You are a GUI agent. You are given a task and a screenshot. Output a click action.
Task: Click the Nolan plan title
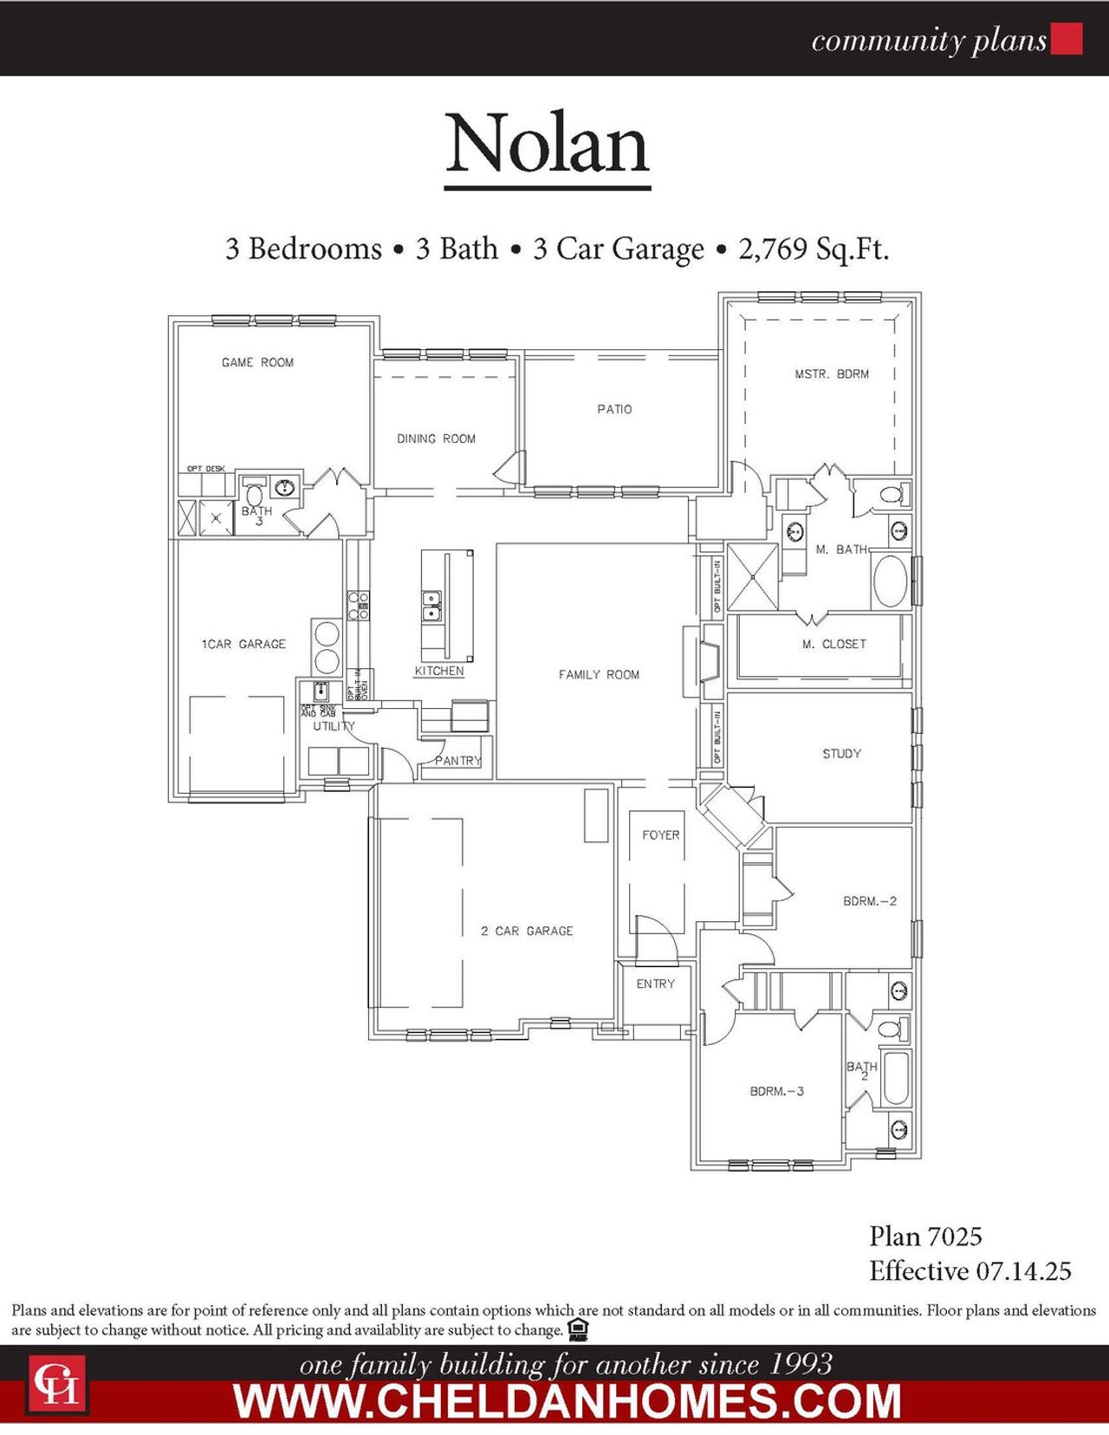point(548,144)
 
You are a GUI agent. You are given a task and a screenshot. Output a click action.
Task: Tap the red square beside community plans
point(1067,39)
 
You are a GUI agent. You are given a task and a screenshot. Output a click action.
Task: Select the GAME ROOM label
point(257,362)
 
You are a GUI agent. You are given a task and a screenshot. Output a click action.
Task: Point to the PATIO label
point(614,409)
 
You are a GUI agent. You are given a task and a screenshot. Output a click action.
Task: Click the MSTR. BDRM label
point(832,374)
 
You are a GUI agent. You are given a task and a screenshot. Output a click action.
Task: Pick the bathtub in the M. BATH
point(890,581)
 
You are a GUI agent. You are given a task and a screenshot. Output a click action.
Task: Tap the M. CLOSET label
point(833,644)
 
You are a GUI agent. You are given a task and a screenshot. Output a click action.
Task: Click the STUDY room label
point(841,754)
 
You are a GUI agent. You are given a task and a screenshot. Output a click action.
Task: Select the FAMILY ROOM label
point(599,674)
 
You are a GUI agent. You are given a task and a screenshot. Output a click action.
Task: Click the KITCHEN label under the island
point(439,671)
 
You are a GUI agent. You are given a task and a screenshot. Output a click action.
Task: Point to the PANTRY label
point(457,761)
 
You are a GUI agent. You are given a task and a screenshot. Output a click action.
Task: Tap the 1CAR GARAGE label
point(243,644)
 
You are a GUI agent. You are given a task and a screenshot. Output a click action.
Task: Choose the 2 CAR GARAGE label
point(527,931)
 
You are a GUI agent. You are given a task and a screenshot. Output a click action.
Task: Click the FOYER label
point(660,835)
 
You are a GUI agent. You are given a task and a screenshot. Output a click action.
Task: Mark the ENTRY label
point(655,984)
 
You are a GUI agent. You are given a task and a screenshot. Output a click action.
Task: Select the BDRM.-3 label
point(776,1091)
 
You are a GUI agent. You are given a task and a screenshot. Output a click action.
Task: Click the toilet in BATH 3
point(255,496)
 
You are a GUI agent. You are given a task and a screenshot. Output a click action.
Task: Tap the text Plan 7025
point(925,1237)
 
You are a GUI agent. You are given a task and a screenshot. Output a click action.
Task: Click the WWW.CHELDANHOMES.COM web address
point(567,1401)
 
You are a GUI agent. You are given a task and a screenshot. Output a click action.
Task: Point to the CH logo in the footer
point(57,1383)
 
